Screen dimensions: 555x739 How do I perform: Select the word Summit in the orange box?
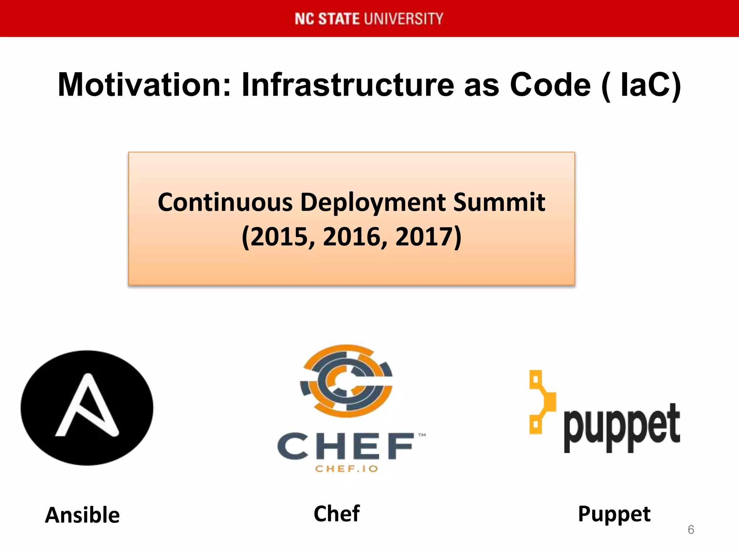pyautogui.click(x=499, y=202)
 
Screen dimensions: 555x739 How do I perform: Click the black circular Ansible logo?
pyautogui.click(x=87, y=408)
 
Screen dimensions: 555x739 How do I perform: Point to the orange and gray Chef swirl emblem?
pyautogui.click(x=347, y=381)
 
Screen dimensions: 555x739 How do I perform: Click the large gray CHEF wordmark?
pyautogui.click(x=346, y=446)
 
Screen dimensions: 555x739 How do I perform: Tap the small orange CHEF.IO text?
pyautogui.click(x=346, y=469)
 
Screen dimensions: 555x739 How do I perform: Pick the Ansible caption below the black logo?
pyautogui.click(x=82, y=515)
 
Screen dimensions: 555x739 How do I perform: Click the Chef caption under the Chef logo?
pyautogui.click(x=337, y=513)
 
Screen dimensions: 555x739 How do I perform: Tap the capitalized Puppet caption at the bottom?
pyautogui.click(x=614, y=514)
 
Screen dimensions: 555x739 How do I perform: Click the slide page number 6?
pyautogui.click(x=691, y=530)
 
